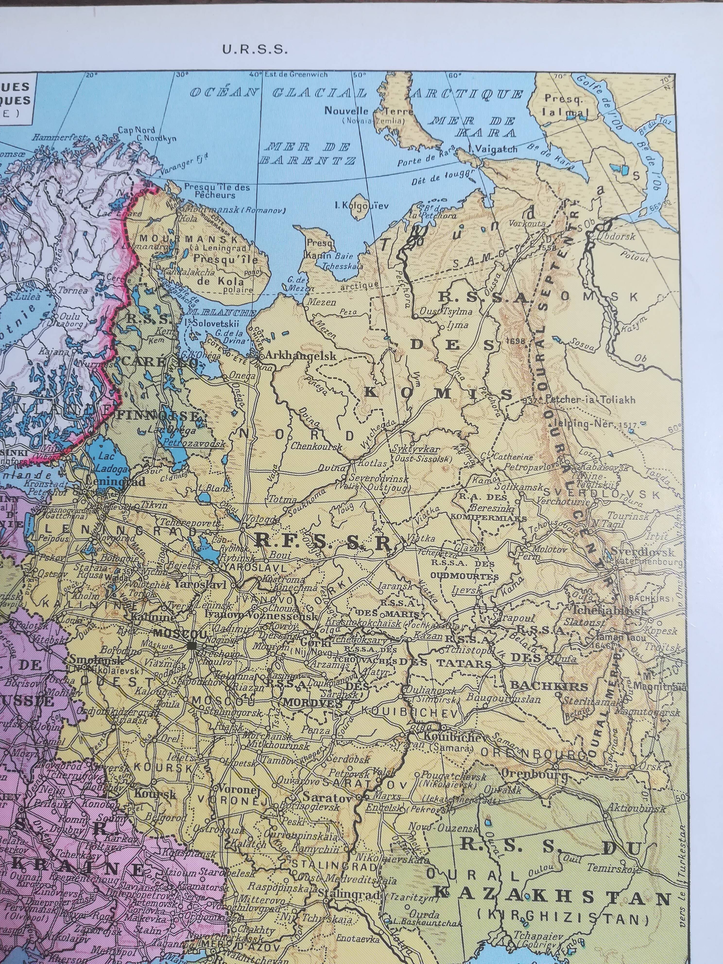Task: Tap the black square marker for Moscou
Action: pos(192,646)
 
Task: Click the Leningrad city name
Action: pos(115,482)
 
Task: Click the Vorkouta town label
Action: pos(529,223)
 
